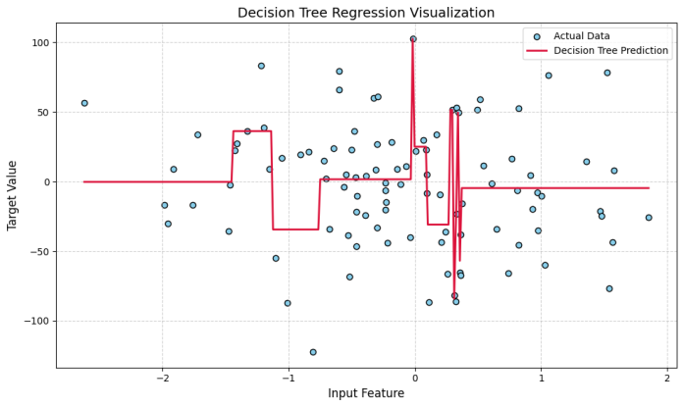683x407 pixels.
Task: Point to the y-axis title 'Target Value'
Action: click(13, 196)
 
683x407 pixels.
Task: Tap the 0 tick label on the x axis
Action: click(414, 378)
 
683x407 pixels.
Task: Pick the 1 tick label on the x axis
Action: click(541, 378)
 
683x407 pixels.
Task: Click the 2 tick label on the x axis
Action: click(667, 378)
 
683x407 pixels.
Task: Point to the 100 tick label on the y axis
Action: click(39, 43)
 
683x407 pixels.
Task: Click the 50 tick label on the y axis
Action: click(42, 113)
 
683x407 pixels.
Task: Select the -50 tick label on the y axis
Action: click(39, 252)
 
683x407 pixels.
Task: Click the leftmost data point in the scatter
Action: click(84, 103)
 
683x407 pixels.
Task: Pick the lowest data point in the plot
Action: click(313, 352)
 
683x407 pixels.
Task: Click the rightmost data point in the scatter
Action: click(649, 218)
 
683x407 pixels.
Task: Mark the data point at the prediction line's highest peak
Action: click(413, 39)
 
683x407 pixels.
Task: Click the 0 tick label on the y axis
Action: click(45, 182)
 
